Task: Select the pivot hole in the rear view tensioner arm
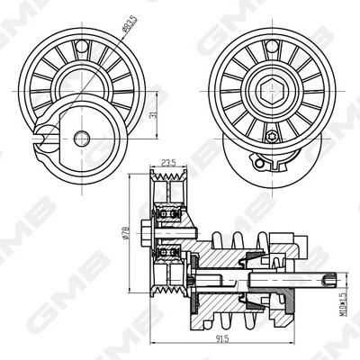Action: click(x=82, y=138)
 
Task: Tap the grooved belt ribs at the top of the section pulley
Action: click(x=169, y=191)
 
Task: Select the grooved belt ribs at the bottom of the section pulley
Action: click(x=169, y=286)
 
